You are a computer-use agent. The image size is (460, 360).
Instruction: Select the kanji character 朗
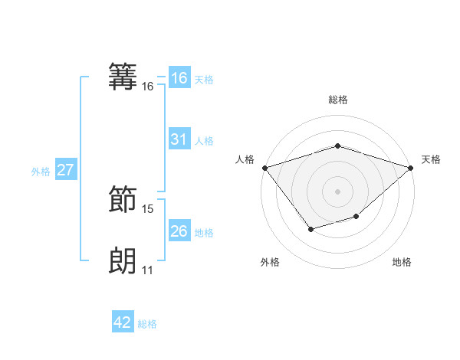(x=123, y=260)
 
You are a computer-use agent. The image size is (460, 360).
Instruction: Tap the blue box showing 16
(x=179, y=78)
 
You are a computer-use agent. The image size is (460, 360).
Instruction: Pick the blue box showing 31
(x=179, y=139)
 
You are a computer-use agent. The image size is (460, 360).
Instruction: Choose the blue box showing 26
(x=179, y=231)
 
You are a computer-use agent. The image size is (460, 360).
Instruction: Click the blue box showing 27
(x=66, y=170)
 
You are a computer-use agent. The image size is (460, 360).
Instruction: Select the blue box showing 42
(x=123, y=322)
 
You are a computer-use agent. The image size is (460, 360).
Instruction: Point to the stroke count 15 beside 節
(x=148, y=208)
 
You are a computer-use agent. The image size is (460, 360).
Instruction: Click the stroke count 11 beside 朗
(x=148, y=270)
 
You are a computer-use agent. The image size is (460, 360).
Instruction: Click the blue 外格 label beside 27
(x=41, y=172)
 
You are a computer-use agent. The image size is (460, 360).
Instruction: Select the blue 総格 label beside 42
(x=147, y=324)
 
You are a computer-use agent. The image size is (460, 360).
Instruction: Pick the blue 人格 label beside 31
(x=204, y=141)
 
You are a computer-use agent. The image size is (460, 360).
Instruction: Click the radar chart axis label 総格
(x=337, y=100)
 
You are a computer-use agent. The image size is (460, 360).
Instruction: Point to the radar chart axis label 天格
(x=431, y=159)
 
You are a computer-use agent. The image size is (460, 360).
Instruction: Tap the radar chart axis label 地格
(x=402, y=262)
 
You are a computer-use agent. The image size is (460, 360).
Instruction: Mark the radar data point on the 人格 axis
(x=264, y=167)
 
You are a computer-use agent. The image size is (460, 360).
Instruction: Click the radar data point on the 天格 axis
(x=411, y=167)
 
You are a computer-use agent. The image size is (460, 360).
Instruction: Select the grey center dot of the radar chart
(x=337, y=191)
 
